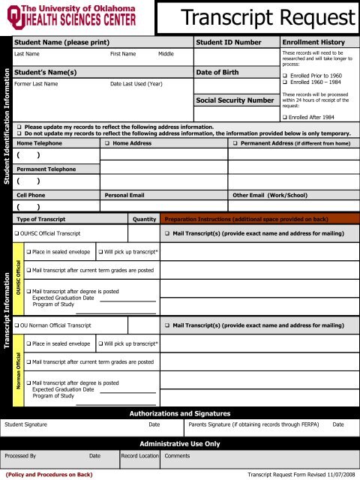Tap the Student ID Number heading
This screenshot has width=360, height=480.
pos(228,43)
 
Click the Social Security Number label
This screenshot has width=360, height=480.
pos(235,100)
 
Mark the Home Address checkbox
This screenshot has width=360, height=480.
pos(107,142)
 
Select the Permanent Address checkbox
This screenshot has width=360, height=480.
pos(235,142)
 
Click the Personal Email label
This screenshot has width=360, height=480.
pos(124,194)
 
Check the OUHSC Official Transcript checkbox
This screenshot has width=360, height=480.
pos(17,235)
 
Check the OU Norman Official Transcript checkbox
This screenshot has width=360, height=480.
pos(17,325)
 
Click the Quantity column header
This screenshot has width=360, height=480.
pos(143,219)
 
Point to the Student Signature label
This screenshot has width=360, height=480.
pos(30,424)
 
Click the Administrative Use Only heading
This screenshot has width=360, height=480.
pos(180,443)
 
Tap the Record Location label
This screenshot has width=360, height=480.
pos(139,455)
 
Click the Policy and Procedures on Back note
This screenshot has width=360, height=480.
pos(49,475)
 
